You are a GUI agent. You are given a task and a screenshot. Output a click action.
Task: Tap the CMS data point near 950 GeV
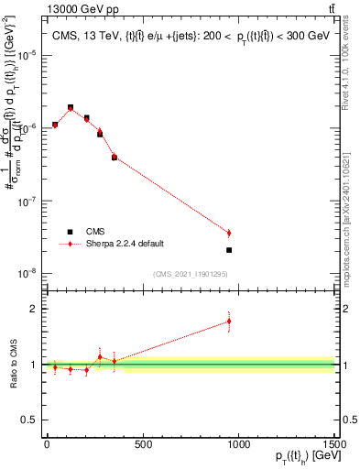(229, 250)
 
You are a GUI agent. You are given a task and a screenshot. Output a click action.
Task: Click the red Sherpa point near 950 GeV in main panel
(229, 233)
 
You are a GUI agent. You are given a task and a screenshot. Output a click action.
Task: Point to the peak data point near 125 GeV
(71, 107)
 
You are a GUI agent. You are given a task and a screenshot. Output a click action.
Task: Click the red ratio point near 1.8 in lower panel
(229, 321)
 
